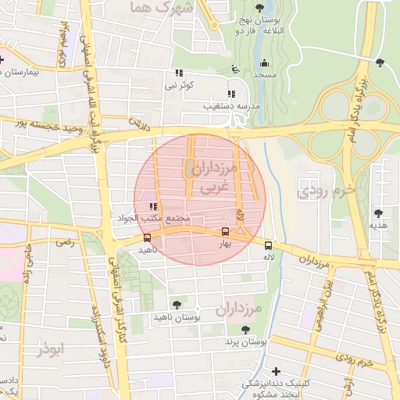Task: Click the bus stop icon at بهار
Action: pos(226,231)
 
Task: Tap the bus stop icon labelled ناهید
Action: pos(148,237)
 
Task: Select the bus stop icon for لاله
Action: pos(269,243)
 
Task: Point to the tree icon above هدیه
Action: pos(378,212)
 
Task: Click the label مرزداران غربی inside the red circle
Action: pos(207,177)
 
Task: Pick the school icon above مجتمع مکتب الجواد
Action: pos(152,206)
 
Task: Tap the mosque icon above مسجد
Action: pos(264,63)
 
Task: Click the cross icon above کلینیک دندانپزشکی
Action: pos(275,371)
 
